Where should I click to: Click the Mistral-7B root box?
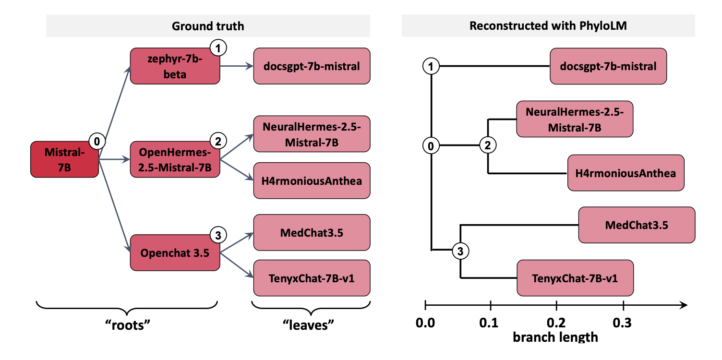64,159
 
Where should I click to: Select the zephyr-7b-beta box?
175,66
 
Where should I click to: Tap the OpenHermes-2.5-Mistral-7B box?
175,159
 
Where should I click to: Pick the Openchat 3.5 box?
175,252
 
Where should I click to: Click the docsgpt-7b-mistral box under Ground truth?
312,66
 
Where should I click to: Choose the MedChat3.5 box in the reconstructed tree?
637,225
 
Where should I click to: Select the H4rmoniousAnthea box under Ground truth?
312,180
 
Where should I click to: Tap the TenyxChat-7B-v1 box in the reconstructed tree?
575,278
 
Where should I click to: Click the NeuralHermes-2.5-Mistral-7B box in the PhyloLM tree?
575,119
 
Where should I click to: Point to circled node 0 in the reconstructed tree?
431,146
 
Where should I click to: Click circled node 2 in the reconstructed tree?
488,146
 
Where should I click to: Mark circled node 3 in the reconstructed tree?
460,251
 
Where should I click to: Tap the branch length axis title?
555,337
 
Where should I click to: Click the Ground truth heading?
208,26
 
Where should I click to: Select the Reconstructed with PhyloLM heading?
548,26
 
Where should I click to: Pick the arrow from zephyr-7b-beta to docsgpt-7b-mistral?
237,66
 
